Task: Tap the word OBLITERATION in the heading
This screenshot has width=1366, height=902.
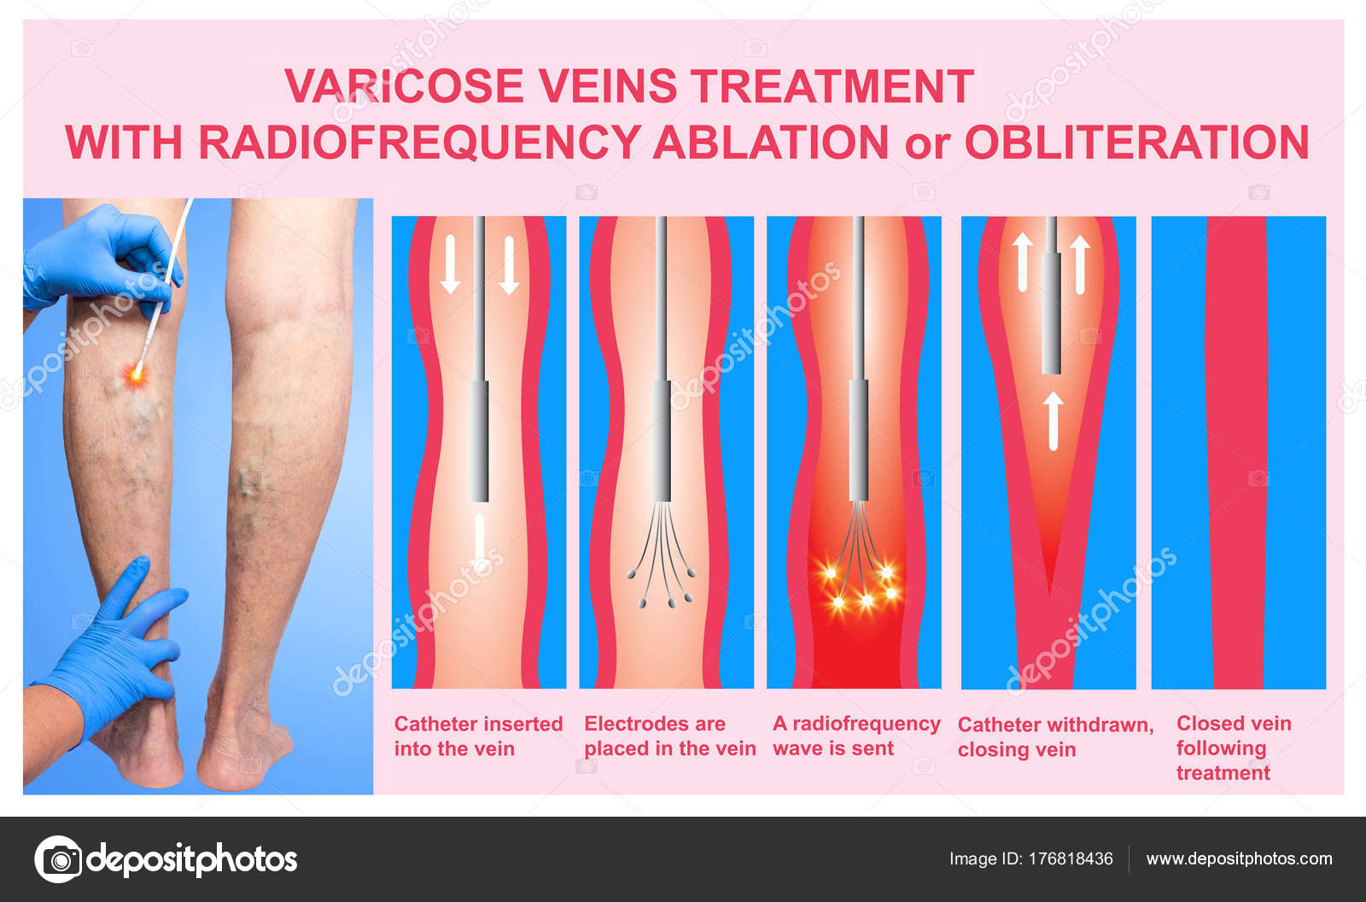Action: [x=1137, y=143]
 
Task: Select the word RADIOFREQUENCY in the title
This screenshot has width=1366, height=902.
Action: [x=419, y=143]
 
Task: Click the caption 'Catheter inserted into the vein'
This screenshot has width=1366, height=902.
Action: [x=478, y=736]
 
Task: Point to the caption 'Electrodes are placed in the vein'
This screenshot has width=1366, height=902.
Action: [x=669, y=736]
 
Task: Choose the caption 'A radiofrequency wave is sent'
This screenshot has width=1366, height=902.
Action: [x=856, y=736]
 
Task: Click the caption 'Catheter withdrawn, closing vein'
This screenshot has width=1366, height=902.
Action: [x=1055, y=736]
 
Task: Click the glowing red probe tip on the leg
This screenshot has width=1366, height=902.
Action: [x=136, y=373]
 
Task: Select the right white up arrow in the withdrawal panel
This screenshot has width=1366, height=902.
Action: [x=1080, y=265]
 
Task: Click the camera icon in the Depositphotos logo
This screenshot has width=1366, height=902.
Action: [x=59, y=859]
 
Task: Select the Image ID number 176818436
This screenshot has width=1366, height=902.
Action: [x=1071, y=858]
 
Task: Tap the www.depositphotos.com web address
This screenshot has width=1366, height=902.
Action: [x=1239, y=859]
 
